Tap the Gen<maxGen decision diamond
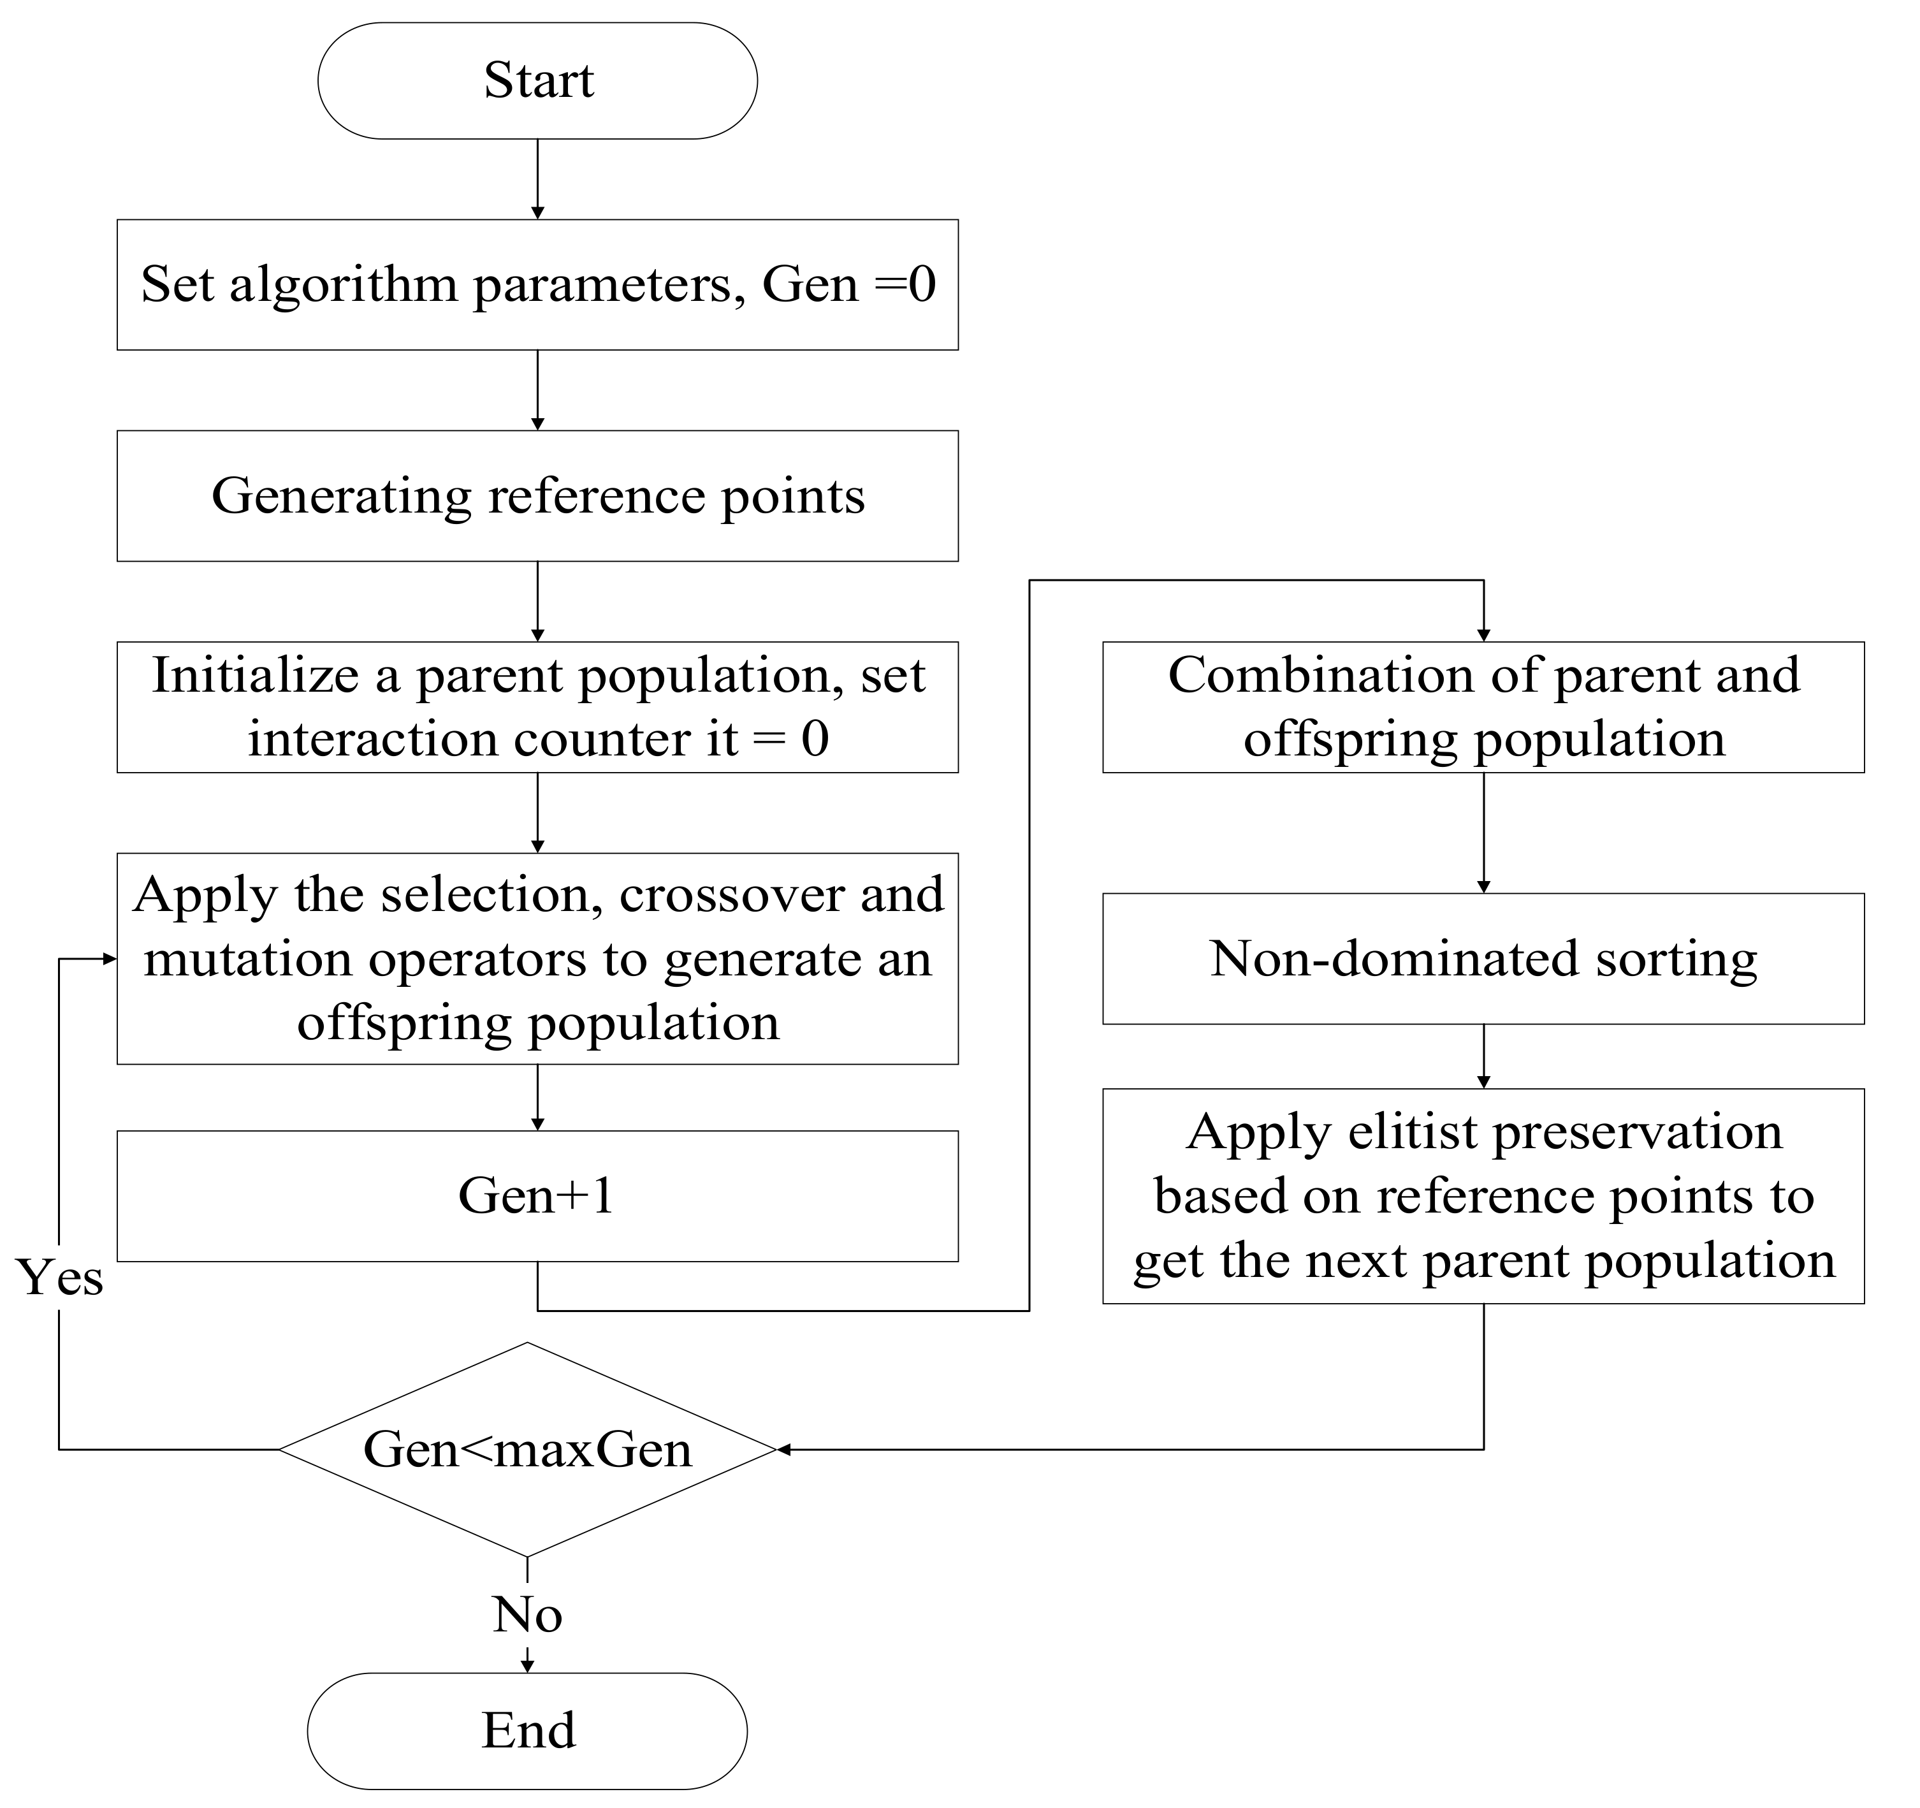527,1448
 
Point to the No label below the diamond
527,1614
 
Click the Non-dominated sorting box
1483,958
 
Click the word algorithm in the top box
343,285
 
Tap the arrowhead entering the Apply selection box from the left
109,959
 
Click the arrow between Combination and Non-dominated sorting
1483,833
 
